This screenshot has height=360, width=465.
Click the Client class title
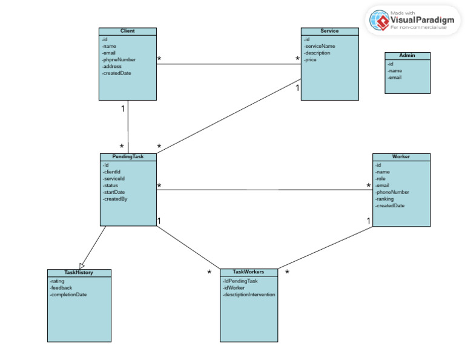click(x=128, y=31)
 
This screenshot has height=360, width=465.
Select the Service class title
click(x=329, y=31)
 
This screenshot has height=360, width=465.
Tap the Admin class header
click(x=407, y=56)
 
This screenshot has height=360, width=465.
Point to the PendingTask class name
click(x=128, y=156)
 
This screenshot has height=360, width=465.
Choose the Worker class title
click(x=401, y=156)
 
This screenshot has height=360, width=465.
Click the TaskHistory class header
click(x=79, y=273)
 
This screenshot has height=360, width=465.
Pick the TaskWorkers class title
click(x=249, y=272)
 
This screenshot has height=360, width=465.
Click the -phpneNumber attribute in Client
click(x=119, y=59)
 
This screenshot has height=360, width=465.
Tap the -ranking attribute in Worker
click(x=384, y=199)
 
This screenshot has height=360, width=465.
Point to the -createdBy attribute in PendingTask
click(x=114, y=199)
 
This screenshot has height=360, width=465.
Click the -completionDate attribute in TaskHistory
click(x=69, y=295)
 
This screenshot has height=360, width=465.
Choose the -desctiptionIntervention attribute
click(x=249, y=295)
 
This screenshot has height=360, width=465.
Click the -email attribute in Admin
click(x=394, y=77)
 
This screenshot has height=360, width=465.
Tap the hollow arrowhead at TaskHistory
click(x=82, y=265)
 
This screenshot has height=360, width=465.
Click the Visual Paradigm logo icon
click(x=380, y=21)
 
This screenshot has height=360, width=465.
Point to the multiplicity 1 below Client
click(x=123, y=108)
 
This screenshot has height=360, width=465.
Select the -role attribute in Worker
click(x=381, y=179)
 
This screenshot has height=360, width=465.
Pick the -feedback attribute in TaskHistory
click(x=61, y=288)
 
